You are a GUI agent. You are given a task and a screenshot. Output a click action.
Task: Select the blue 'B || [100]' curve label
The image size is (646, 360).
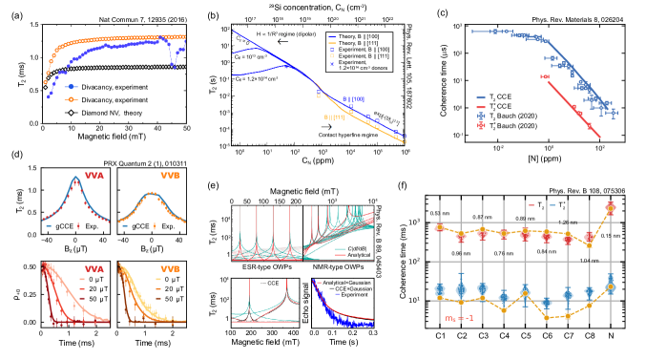pyautogui.click(x=358, y=97)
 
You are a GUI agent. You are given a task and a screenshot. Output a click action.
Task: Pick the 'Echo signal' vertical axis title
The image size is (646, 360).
pyautogui.click(x=306, y=305)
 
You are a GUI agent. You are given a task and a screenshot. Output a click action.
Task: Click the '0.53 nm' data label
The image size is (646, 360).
pyautogui.click(x=440, y=212)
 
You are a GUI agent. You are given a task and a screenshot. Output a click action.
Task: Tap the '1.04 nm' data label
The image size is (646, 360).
pyautogui.click(x=589, y=261)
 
